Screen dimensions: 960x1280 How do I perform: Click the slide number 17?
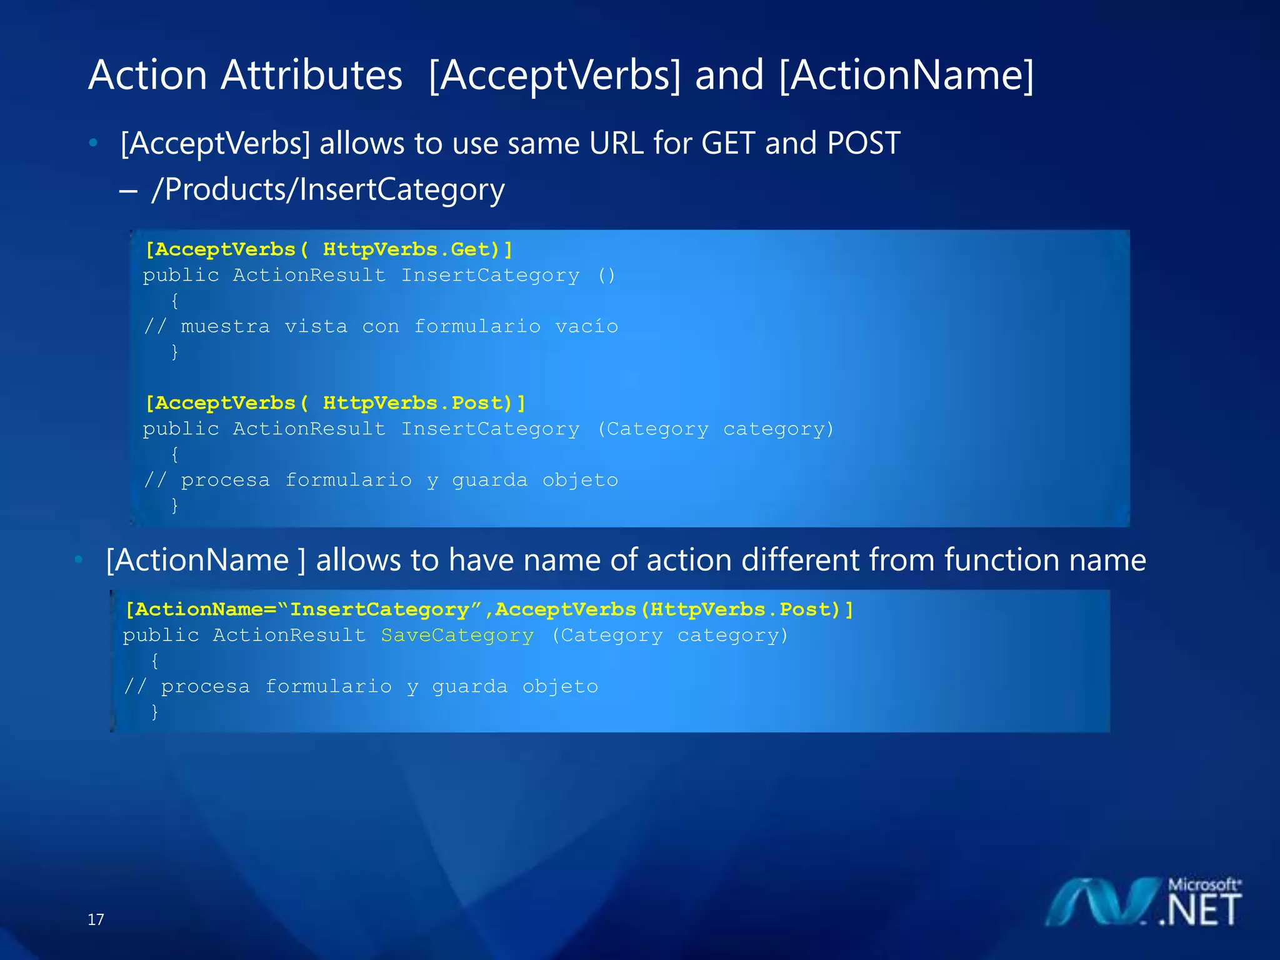tap(96, 919)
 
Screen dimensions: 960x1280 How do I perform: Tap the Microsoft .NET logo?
tap(1144, 902)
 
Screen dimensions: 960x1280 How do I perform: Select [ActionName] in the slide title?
tap(906, 75)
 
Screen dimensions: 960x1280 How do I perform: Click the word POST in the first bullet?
tap(863, 143)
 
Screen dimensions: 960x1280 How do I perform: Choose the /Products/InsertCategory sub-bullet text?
tap(328, 189)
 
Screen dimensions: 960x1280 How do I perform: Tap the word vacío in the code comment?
tap(586, 326)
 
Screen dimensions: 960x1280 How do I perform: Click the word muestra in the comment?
tap(225, 326)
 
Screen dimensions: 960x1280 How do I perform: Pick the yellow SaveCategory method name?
tap(457, 636)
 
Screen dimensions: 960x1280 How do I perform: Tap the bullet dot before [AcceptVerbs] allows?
tap(93, 143)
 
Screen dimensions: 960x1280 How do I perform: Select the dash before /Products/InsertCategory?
tap(128, 191)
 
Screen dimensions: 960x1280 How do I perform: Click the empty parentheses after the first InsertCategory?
tap(606, 276)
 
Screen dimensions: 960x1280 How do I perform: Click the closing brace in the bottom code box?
tap(154, 712)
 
